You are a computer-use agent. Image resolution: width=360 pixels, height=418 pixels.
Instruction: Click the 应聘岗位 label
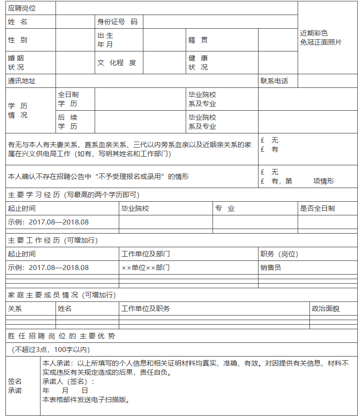(x=22, y=8)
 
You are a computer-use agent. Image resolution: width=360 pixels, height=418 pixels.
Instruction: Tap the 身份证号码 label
(x=117, y=22)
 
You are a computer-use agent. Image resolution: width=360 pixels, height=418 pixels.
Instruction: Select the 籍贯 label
(x=198, y=40)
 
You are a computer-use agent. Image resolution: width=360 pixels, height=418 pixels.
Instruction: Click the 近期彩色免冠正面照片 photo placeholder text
(x=321, y=38)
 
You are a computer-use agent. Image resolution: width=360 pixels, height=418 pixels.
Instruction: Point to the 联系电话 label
(x=274, y=81)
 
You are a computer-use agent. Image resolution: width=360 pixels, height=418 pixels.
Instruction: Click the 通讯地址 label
(x=22, y=81)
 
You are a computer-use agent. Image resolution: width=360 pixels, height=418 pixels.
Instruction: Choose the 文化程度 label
(x=117, y=63)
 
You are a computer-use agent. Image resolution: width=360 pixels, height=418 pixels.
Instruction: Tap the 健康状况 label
(x=198, y=63)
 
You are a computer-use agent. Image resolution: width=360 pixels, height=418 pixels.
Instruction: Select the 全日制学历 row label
(x=68, y=99)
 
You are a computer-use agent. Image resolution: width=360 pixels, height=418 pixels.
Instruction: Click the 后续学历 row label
(x=68, y=122)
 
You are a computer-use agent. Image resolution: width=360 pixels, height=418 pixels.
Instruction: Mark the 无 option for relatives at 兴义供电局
(x=269, y=140)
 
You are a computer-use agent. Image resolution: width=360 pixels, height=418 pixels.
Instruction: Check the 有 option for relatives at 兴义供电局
(x=269, y=149)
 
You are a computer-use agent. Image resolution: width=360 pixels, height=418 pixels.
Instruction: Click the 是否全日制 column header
(x=317, y=209)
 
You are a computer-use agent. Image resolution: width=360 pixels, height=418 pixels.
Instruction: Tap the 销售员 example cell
(x=271, y=268)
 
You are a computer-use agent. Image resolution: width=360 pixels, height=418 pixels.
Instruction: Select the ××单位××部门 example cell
(x=146, y=268)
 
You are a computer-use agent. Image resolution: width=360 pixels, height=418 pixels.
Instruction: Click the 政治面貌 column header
(x=325, y=309)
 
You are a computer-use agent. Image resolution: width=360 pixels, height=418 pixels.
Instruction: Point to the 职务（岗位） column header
(x=279, y=254)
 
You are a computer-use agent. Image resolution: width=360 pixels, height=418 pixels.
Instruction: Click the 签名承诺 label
(x=15, y=386)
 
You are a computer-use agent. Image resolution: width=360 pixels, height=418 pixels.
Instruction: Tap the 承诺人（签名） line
(x=68, y=382)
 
